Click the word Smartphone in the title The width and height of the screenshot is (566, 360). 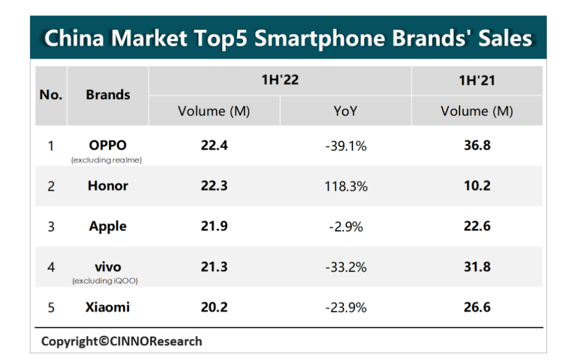tap(320, 38)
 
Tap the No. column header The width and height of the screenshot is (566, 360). tap(51, 95)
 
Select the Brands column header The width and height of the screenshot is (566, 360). tap(108, 95)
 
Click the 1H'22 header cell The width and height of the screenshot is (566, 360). tap(280, 80)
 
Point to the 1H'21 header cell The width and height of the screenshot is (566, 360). tap(477, 80)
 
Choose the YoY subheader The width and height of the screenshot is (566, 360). tap(346, 111)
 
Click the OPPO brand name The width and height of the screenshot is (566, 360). tap(108, 145)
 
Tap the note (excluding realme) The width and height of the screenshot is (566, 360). tap(106, 160)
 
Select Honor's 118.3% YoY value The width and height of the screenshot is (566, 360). tap(346, 186)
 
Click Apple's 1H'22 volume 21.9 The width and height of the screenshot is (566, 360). tap(214, 226)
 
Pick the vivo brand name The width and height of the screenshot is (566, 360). tap(108, 267)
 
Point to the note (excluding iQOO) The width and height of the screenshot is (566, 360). tap(105, 281)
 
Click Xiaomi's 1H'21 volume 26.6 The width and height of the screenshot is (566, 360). tap(477, 307)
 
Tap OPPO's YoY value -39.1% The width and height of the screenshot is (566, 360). tap(346, 146)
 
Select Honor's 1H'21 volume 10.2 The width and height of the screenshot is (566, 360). tap(477, 186)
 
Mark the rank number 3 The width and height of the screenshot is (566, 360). tap(51, 226)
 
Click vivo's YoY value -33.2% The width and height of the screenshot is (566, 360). tap(346, 268)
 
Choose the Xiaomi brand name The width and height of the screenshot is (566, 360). tap(108, 307)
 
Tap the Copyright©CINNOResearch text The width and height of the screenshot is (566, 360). tap(122, 341)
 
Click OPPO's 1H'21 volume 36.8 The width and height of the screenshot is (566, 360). tap(477, 145)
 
